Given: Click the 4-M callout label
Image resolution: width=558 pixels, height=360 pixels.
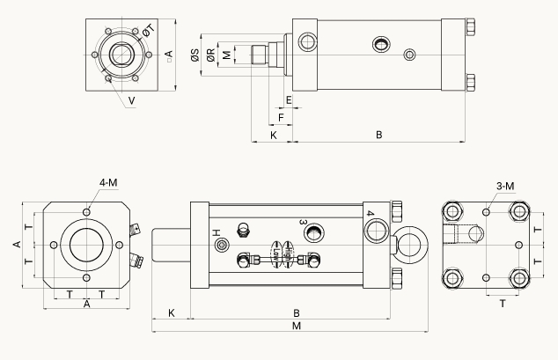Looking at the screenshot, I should click(109, 182).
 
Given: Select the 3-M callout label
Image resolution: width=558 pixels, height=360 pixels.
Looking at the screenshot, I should click(505, 186).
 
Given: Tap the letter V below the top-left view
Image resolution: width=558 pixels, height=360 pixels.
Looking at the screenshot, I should click(131, 101).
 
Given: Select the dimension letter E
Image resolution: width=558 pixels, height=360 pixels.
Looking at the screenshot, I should click(288, 99).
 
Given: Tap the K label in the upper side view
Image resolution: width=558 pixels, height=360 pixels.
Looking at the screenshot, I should click(274, 136).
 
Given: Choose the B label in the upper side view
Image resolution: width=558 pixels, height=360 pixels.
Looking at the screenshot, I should click(378, 136).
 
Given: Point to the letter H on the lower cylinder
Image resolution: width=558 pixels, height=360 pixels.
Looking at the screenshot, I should click(216, 232).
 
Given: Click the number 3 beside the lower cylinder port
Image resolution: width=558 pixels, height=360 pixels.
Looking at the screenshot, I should click(303, 222).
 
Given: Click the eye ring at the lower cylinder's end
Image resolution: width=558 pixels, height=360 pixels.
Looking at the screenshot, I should click(411, 244).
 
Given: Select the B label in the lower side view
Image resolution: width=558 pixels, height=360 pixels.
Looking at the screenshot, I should click(297, 312).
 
